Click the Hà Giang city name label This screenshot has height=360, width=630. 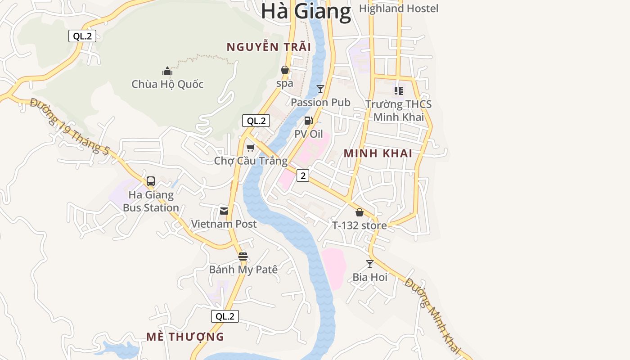306,11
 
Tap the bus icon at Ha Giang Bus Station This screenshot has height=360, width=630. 151,181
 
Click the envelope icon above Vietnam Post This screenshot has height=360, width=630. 224,211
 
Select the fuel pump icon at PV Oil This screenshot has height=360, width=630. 308,121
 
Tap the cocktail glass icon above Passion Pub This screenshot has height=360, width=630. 320,89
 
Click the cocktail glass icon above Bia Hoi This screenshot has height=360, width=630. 370,264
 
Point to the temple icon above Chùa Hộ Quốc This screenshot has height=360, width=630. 167,71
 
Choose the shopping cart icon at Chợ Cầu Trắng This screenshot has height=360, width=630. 251,148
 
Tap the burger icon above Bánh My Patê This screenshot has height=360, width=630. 243,256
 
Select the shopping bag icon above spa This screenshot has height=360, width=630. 285,70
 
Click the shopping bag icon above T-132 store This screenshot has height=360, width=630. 360,212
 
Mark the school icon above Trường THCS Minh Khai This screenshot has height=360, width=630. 399,91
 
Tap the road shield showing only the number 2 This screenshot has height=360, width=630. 303,176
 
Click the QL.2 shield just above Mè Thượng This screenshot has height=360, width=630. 225,316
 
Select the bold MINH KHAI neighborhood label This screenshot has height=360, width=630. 378,153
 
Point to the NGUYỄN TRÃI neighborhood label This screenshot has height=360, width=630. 269,47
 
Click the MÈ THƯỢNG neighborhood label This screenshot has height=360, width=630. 185,337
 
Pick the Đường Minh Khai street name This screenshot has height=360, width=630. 432,315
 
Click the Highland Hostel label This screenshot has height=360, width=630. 398,9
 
